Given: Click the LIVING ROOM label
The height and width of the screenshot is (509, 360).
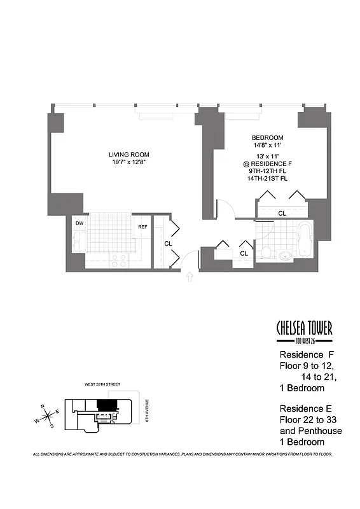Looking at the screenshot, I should coord(128,155).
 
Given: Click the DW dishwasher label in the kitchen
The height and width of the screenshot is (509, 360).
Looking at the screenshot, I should coord(80,223).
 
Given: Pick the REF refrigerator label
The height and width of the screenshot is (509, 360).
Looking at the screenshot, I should coord(143,226).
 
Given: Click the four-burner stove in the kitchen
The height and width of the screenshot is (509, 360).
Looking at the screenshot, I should coord(119,260).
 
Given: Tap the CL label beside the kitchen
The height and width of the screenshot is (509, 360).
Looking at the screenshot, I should coord(168,243).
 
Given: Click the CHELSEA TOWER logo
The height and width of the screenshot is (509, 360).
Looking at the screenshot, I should coord(304,329).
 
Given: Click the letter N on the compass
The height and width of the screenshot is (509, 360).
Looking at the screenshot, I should coord(43,405).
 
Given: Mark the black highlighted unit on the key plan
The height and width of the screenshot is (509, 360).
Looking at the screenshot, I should coord(106,405).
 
